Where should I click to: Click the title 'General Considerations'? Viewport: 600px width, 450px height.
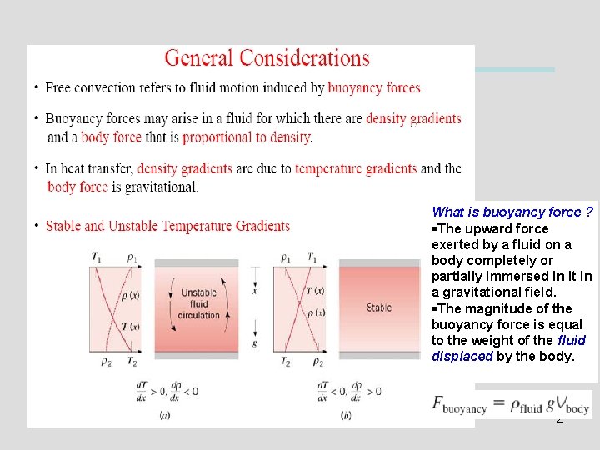267,58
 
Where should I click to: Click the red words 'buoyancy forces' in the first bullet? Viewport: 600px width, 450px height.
375,87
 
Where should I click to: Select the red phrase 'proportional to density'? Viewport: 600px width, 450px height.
247,137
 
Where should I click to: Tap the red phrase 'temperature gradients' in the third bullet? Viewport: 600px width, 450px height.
356,168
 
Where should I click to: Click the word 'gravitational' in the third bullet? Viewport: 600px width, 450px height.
162,187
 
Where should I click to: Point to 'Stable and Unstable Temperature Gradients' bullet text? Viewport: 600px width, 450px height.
167,226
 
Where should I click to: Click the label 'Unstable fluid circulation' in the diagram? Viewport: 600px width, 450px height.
198,304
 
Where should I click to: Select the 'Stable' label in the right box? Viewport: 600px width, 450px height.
379,307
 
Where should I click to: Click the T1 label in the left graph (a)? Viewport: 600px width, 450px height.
97,257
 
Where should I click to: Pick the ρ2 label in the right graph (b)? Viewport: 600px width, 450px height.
317,362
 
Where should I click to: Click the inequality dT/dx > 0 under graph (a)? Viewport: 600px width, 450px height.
148,390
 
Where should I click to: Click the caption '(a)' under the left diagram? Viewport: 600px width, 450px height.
164,415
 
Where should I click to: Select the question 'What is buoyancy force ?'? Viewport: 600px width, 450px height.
512,212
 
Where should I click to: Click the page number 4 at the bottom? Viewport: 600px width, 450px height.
560,421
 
